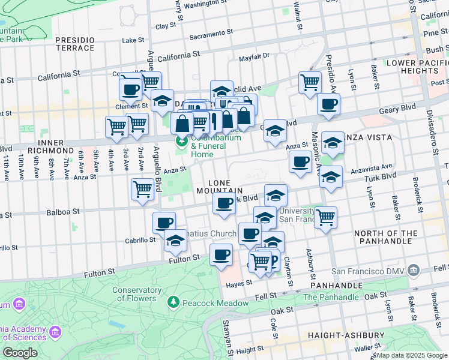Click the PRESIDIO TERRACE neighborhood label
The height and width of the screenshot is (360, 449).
[x=75, y=44]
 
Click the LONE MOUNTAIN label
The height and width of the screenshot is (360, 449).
[x=218, y=186]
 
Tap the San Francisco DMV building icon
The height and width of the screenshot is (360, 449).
[x=414, y=271]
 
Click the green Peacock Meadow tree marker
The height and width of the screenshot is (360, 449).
[x=174, y=301]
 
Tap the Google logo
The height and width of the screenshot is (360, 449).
[x=20, y=353]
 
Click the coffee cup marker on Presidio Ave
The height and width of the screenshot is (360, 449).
[x=328, y=104]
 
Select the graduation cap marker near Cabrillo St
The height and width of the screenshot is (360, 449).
[x=175, y=240]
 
